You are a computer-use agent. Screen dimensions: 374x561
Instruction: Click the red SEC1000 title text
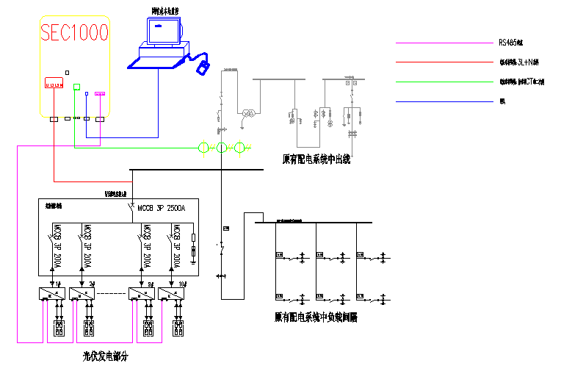point(74,32)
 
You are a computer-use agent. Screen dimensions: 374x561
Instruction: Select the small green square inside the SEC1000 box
point(76,87)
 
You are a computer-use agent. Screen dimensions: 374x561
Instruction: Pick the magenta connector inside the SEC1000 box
point(100,94)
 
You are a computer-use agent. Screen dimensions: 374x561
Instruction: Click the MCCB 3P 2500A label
point(162,208)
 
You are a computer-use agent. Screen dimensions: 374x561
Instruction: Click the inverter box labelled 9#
point(141,293)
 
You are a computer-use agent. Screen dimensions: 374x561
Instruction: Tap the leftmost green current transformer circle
point(203,148)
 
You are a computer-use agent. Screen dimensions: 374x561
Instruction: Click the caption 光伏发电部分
point(105,356)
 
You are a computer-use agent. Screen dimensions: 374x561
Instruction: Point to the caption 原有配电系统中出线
point(316,158)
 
